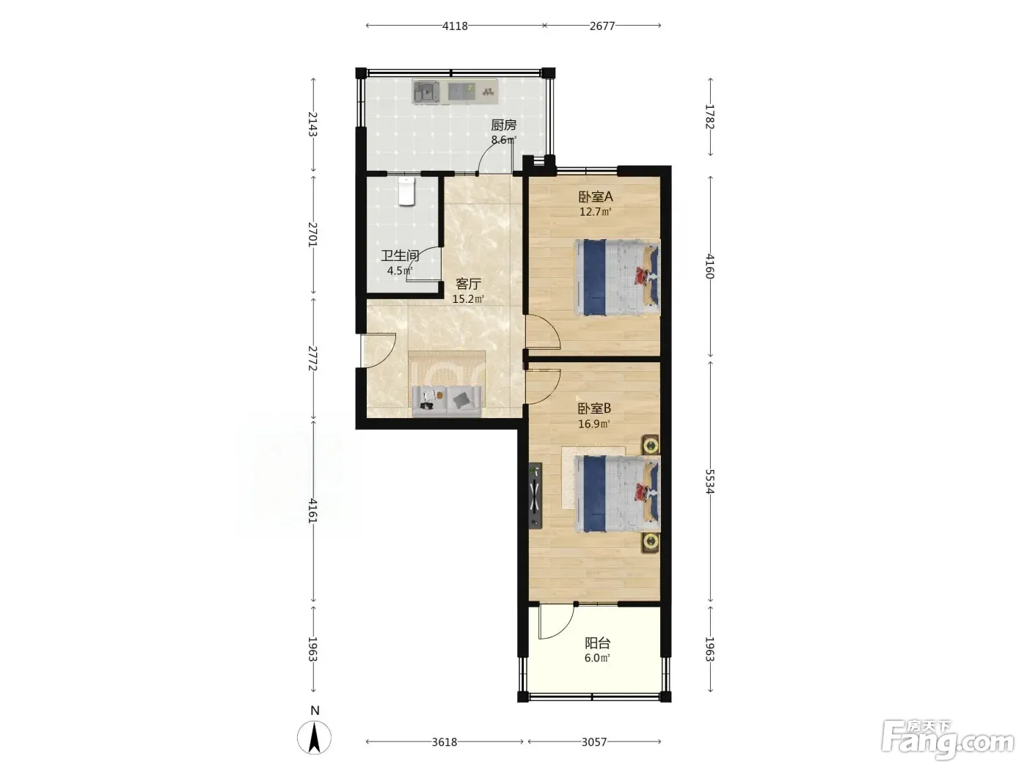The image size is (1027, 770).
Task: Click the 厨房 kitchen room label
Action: tap(503, 125)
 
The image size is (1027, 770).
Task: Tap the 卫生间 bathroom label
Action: tap(400, 256)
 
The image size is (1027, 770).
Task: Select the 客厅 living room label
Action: tap(468, 284)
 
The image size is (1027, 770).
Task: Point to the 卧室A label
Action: tap(595, 197)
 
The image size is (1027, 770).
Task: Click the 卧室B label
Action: tap(594, 408)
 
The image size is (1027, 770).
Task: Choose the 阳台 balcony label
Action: tap(597, 643)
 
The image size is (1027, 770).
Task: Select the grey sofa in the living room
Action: tap(446, 401)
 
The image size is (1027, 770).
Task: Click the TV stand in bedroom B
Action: tap(536, 496)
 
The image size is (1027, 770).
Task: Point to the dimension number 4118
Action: tap(455, 26)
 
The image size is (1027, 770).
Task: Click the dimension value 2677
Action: tap(602, 26)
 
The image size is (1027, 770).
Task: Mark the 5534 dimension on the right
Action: tap(710, 482)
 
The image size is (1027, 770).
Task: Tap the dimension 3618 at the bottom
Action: tap(444, 742)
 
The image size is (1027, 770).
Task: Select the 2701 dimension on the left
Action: tap(313, 235)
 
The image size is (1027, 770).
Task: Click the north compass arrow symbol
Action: tap(315, 737)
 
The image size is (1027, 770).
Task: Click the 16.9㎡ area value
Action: tap(594, 424)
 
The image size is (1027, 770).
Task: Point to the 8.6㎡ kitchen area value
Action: tap(503, 140)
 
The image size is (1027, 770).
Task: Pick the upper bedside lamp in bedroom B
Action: tap(651, 445)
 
